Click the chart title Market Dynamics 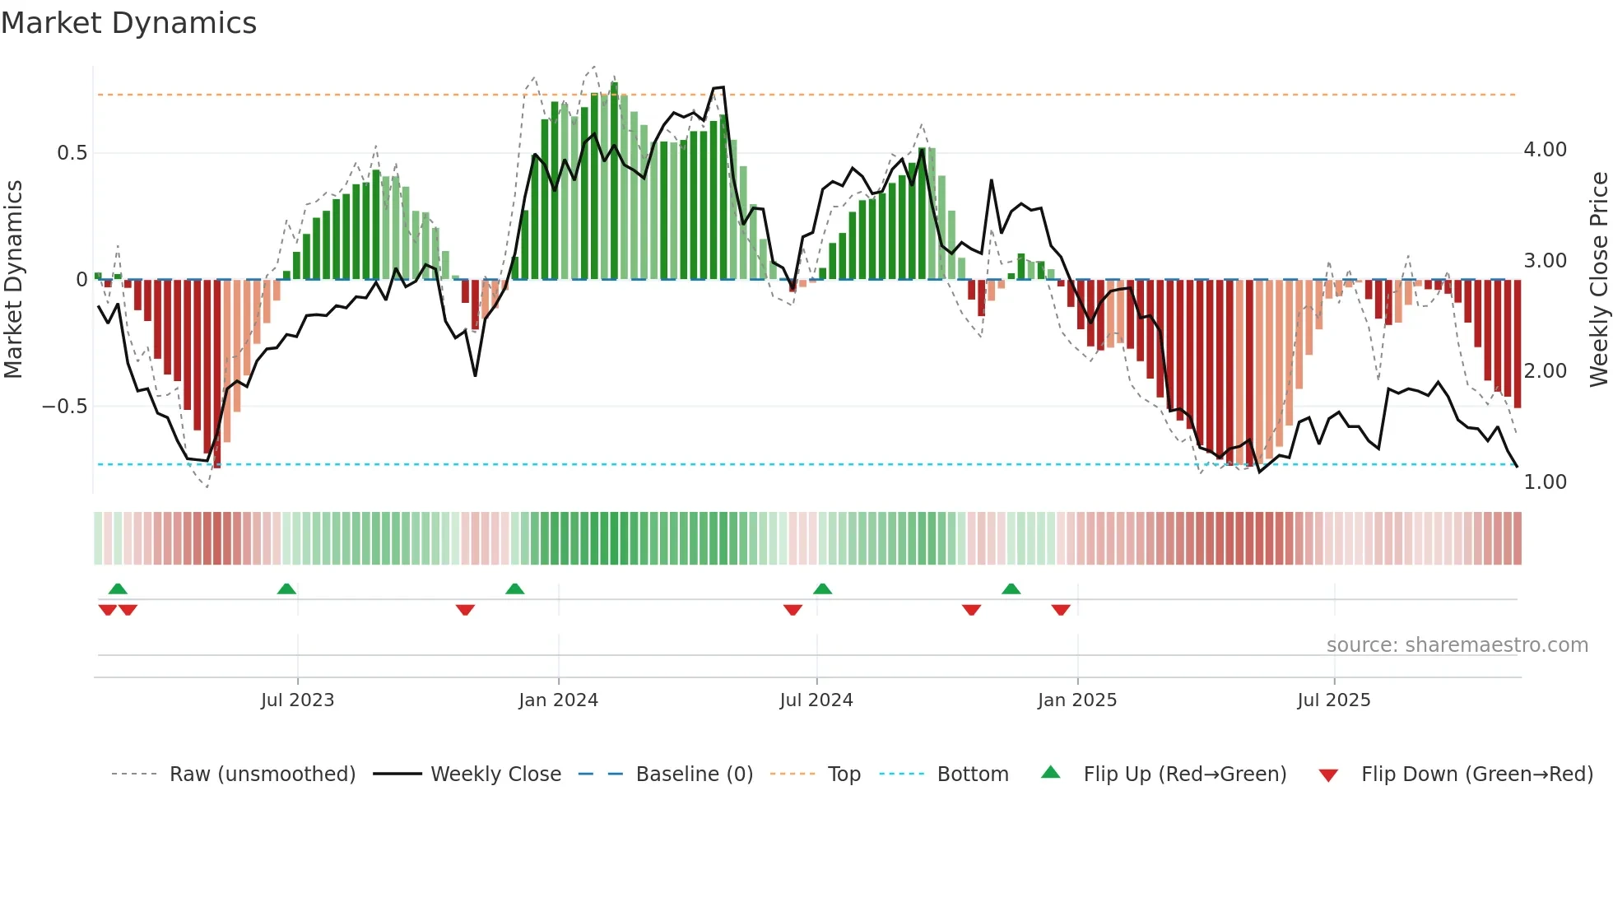click(129, 23)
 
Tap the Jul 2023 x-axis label click(297, 700)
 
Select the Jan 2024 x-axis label click(558, 700)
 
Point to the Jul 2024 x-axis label click(816, 700)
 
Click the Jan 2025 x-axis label click(1076, 700)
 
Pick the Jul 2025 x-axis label click(1333, 700)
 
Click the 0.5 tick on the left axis click(72, 153)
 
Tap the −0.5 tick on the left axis click(64, 407)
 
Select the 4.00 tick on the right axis click(1545, 150)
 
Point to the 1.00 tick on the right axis click(1545, 482)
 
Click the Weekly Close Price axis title click(1598, 280)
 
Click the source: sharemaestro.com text click(1457, 645)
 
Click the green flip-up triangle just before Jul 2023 click(286, 589)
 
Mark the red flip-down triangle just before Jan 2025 click(1061, 610)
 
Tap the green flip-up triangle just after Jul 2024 click(822, 589)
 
